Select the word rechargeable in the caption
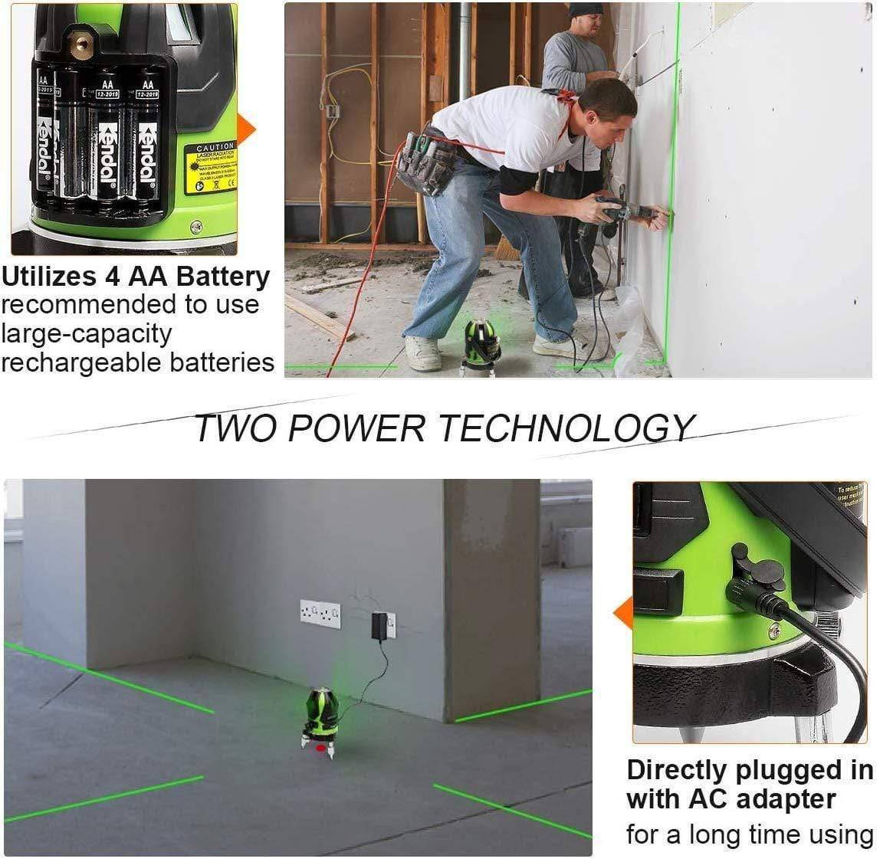[x=72, y=362]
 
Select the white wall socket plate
[x=320, y=614]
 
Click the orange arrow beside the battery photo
[x=246, y=127]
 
